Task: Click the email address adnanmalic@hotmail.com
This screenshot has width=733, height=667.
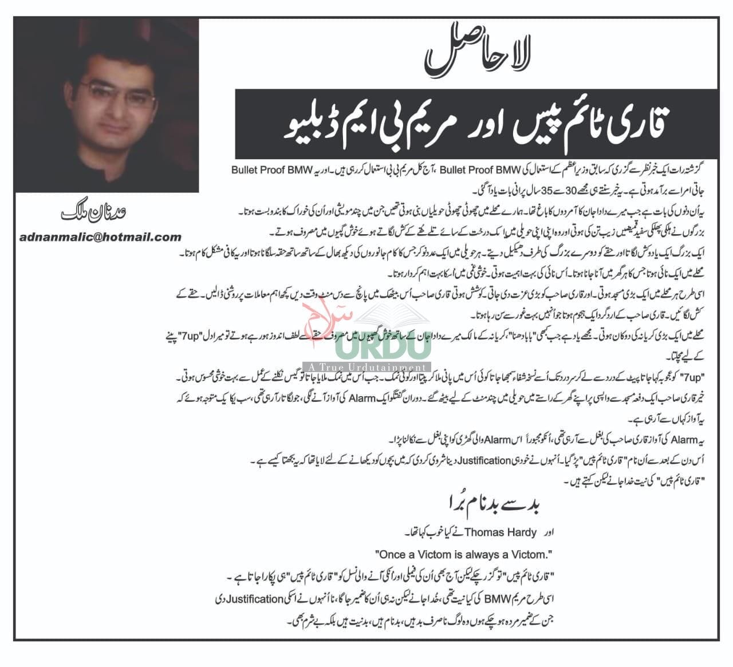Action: (100, 237)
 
